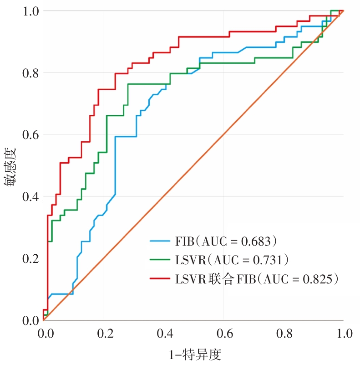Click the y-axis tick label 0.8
30,73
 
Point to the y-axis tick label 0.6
30,135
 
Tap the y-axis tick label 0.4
30,197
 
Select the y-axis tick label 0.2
30,259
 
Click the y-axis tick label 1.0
30,11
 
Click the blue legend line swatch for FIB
161,240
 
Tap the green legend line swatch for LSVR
161,259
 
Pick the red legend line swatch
161,278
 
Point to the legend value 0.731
271,259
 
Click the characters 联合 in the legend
224,278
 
